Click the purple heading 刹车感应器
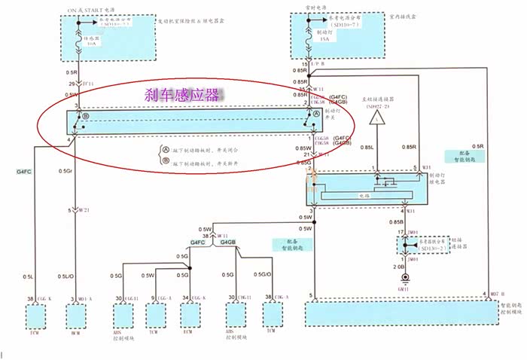tap(183, 95)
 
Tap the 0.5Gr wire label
tap(65, 171)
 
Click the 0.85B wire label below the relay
tap(395, 221)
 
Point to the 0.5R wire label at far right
tap(477, 145)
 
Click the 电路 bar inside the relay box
tap(363, 195)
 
